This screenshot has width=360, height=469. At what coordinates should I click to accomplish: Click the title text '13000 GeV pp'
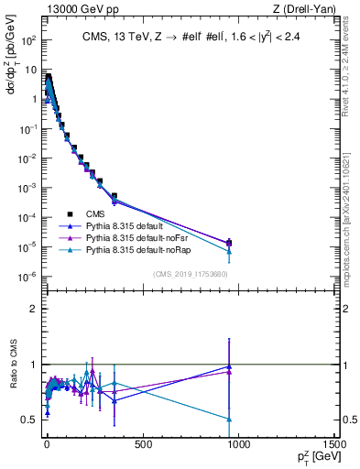(74, 9)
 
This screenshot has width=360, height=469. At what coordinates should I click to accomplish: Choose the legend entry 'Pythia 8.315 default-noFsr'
(125, 237)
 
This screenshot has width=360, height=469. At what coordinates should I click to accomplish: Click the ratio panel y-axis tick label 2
(32, 309)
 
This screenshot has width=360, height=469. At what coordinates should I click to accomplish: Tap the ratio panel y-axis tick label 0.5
(27, 420)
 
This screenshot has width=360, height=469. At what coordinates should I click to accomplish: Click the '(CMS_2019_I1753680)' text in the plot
(190, 274)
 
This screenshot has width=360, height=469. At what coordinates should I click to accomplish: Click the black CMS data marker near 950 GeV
(228, 243)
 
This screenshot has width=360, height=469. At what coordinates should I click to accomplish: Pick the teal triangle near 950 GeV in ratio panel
(228, 419)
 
